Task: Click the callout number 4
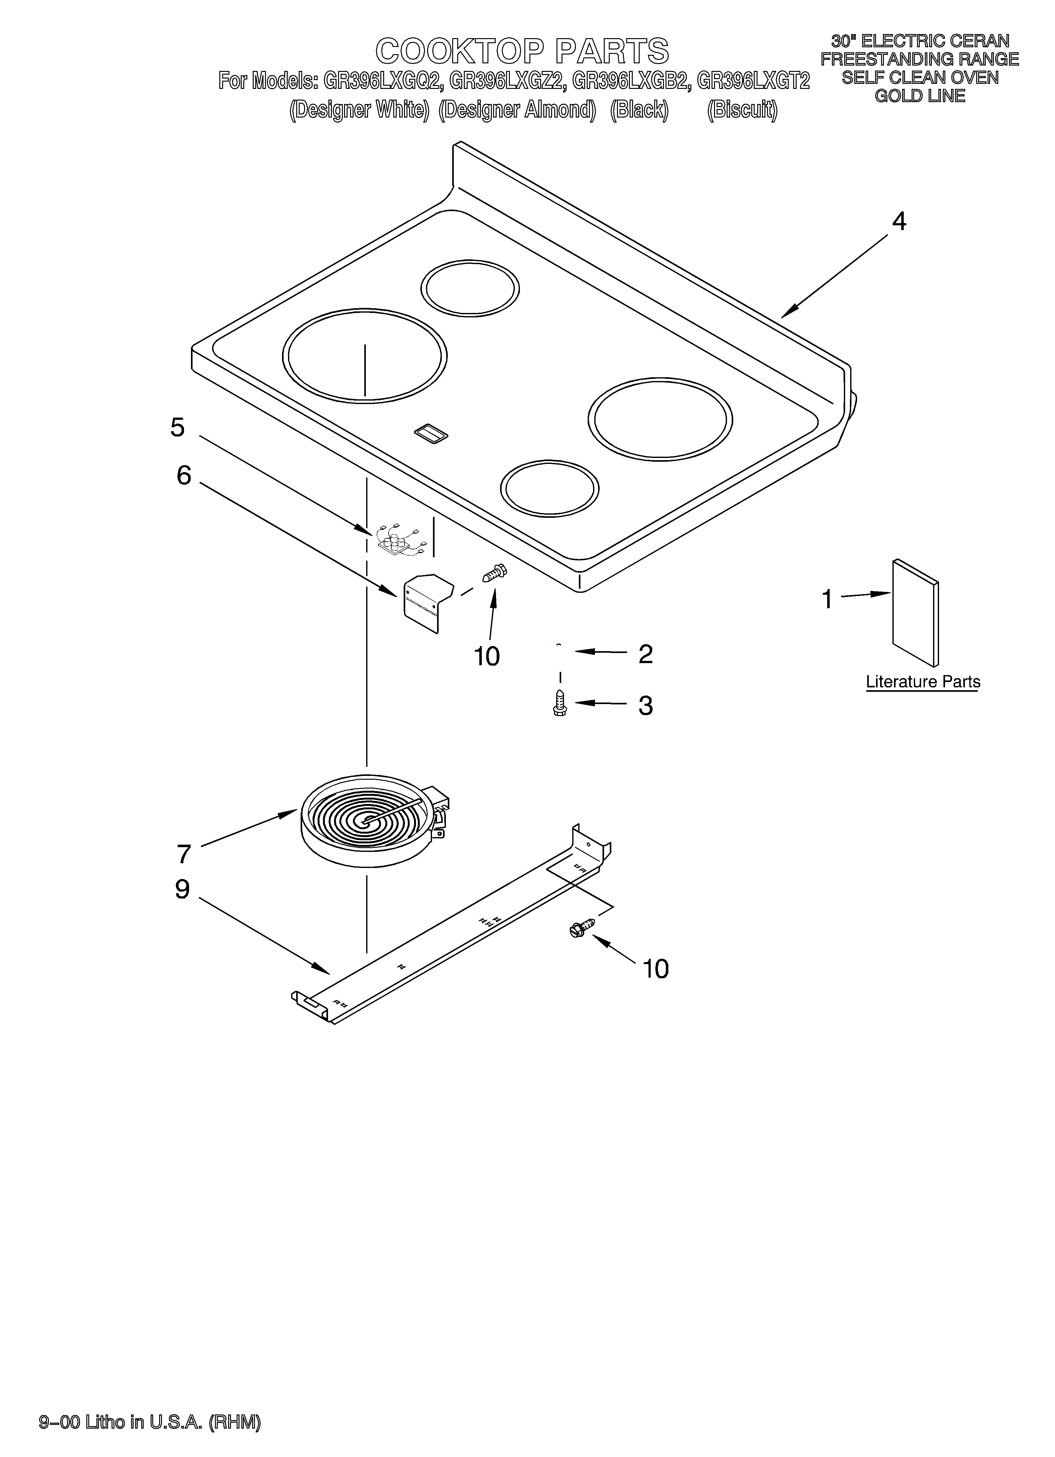899,222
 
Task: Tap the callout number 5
177,427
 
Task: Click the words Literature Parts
923,682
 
